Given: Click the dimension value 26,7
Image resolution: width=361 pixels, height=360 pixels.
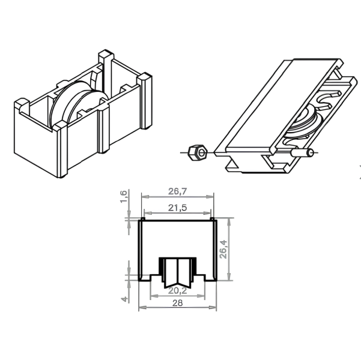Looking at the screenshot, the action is click(x=178, y=191).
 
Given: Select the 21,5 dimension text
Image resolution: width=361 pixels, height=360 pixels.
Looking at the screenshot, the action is click(x=178, y=208).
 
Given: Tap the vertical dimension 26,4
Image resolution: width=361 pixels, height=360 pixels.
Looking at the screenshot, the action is click(x=223, y=250).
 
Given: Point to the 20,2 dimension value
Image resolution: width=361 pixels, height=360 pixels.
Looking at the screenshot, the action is click(x=178, y=291).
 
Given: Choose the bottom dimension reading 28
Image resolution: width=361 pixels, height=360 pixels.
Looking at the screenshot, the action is click(x=178, y=303).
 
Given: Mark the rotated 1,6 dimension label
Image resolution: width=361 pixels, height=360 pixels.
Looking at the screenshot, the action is click(x=124, y=197).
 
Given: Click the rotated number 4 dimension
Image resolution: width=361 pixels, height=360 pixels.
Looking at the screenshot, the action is click(x=124, y=299).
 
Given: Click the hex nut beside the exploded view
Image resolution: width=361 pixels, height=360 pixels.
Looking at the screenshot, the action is click(x=197, y=153).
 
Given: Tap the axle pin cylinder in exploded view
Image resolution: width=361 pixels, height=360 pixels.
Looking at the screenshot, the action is click(x=302, y=153).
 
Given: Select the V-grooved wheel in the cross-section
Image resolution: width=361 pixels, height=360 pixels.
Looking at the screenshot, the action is click(x=178, y=273).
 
